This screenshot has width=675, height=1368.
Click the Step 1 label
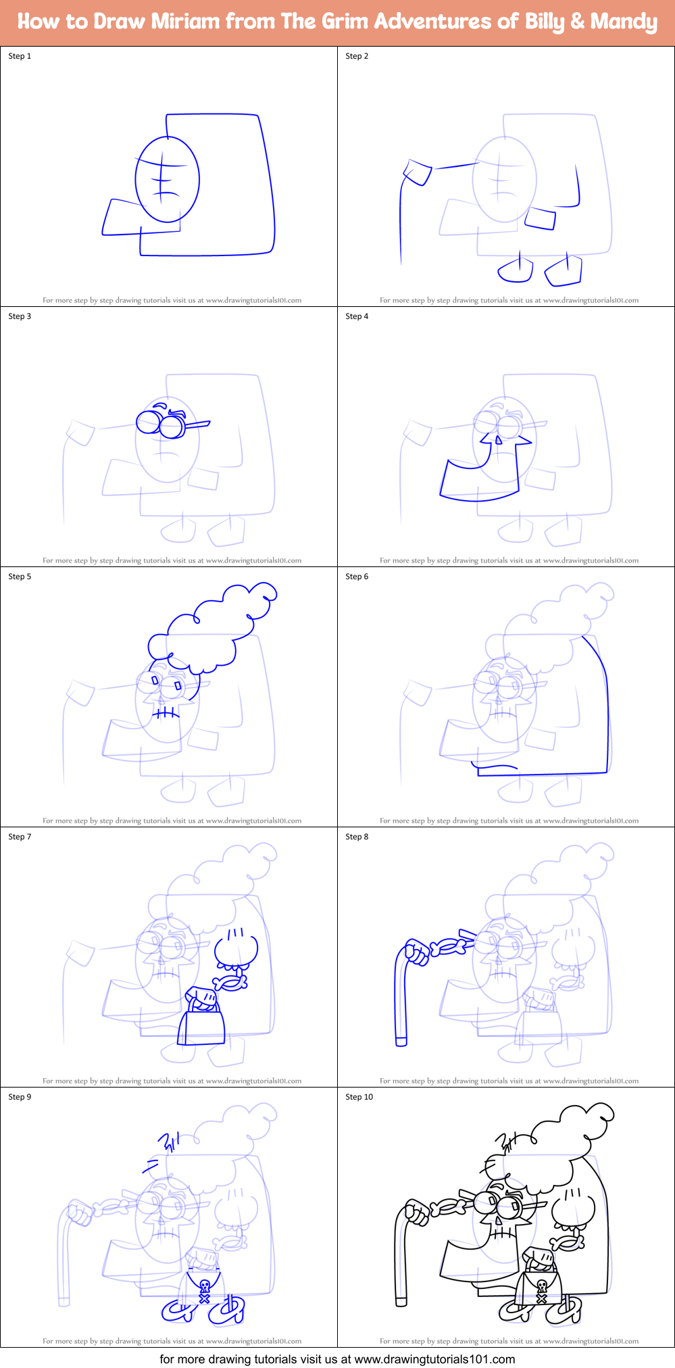20,56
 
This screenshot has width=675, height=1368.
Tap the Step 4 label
357,316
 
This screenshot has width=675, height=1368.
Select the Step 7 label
20,837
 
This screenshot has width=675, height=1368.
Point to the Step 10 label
359,1097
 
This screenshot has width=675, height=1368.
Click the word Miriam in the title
185,22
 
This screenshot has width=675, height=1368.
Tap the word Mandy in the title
623,22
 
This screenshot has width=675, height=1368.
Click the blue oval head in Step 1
167,179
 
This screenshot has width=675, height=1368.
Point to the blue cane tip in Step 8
401,1042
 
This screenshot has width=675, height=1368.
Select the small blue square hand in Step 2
418,172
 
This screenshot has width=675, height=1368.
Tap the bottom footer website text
337,1359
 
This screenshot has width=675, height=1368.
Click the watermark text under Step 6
509,821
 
